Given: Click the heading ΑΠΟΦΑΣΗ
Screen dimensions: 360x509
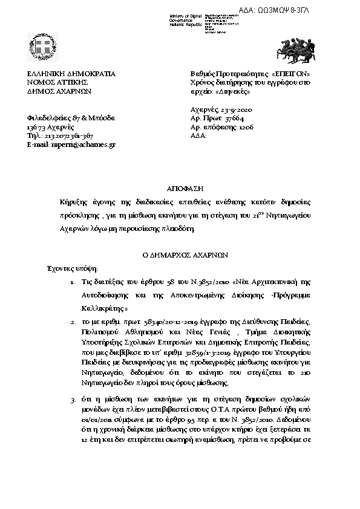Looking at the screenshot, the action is [180, 188].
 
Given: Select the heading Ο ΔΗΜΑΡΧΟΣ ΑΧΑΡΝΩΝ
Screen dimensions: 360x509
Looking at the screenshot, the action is [180, 255].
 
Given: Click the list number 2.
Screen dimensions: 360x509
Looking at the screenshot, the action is [73, 323].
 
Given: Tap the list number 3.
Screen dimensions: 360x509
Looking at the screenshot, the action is [73, 400].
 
